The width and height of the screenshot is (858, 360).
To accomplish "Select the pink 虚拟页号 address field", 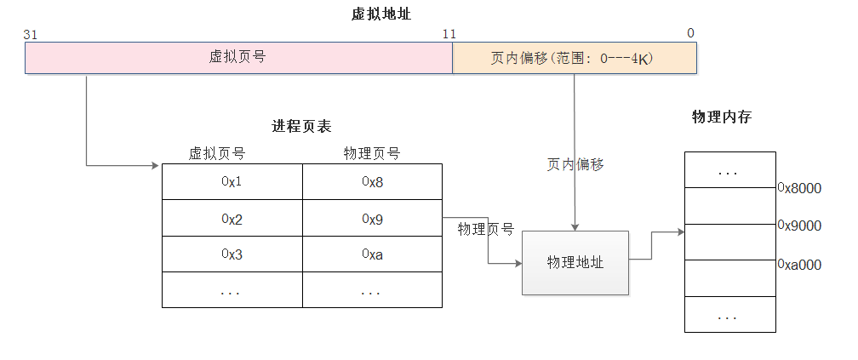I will [x=238, y=58].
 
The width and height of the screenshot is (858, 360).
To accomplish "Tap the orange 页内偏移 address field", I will [x=575, y=58].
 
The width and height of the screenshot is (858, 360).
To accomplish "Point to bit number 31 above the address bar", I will [x=31, y=34].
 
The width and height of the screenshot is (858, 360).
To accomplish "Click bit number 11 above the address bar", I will [x=449, y=34].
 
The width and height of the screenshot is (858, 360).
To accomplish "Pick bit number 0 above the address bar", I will [x=690, y=34].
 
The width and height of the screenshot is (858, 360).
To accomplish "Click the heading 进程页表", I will [x=301, y=127].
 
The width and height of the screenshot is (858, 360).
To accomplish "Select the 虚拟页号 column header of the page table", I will [x=217, y=154].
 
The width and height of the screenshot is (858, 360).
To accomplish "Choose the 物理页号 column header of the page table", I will [x=372, y=154].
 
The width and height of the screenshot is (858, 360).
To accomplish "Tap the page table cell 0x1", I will [x=232, y=181].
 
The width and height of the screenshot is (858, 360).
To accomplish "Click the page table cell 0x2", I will [x=232, y=219].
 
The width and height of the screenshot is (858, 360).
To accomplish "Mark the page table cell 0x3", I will [x=232, y=254].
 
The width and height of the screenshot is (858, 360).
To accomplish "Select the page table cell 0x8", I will [x=372, y=181].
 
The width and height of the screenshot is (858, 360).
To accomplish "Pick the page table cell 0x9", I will [x=372, y=219].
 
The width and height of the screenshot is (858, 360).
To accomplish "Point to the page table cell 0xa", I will [x=372, y=254].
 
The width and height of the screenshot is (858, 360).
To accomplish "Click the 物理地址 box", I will [x=575, y=263].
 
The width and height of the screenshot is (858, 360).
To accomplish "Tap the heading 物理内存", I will [x=721, y=117].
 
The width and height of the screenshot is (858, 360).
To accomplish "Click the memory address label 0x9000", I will [x=799, y=226].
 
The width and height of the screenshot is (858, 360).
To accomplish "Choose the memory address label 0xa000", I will [x=799, y=265].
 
